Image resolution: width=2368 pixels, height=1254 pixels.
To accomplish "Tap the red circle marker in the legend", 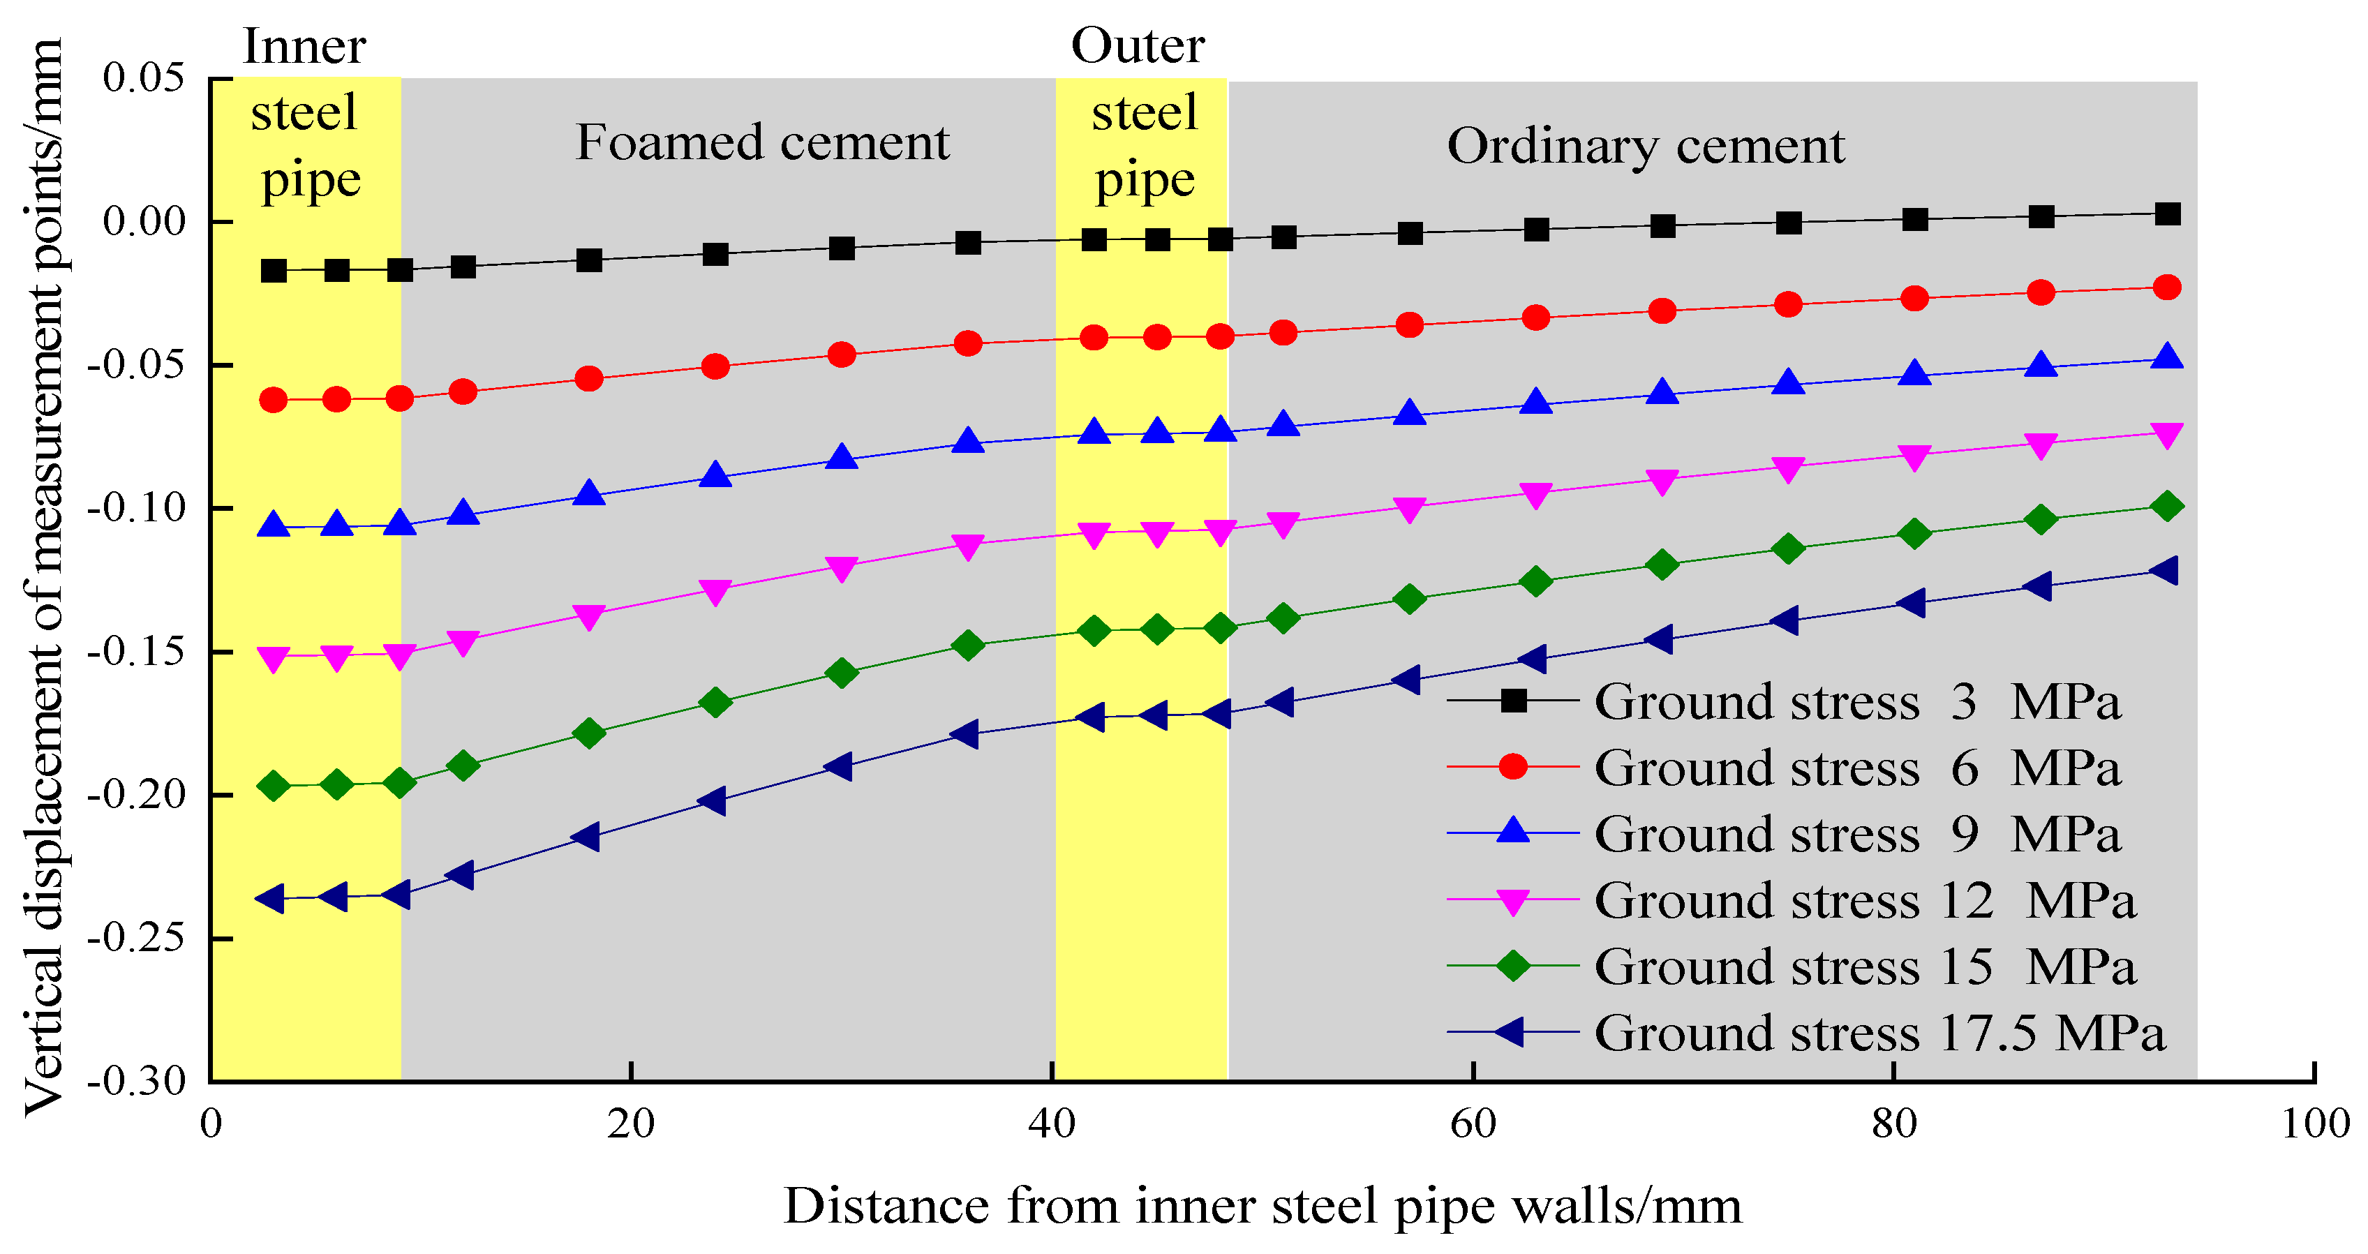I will point(1513,767).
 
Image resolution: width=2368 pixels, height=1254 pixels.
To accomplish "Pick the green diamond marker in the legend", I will point(1513,966).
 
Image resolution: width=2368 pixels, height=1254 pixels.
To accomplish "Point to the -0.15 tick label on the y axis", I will point(137,652).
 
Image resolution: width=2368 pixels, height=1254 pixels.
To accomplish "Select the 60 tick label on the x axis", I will point(1473,1124).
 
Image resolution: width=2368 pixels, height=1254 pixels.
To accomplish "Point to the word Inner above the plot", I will point(304,46).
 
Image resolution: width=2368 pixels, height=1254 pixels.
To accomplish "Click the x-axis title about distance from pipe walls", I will point(1262,1206).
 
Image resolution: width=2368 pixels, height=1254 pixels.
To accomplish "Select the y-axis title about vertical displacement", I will point(43,577).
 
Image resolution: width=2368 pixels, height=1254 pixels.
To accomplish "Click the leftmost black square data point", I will point(273,271).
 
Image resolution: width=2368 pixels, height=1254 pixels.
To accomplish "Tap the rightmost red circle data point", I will point(2167,288).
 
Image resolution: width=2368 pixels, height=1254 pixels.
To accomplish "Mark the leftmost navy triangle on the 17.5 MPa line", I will point(271,898).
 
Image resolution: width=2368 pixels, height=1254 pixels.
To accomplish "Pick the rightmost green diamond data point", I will point(2167,507).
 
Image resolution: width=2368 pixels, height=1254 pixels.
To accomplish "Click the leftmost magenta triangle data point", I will point(273,658).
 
